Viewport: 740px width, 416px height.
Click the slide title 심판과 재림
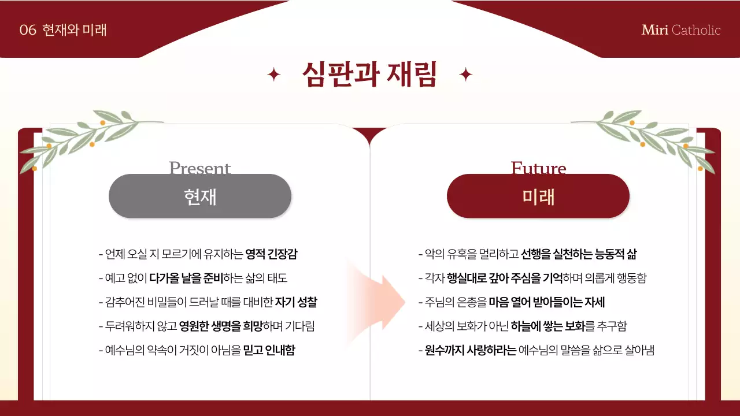click(369, 75)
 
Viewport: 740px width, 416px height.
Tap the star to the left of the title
click(274, 75)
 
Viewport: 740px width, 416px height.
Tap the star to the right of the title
click(465, 75)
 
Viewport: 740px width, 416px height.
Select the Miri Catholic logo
click(681, 30)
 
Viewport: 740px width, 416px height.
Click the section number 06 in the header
click(28, 30)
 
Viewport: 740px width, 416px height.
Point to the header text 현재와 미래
click(75, 30)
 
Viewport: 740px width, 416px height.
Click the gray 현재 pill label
click(200, 196)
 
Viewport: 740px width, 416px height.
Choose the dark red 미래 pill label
click(538, 196)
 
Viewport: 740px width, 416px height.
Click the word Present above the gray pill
click(200, 168)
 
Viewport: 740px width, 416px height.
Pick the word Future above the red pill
click(538, 168)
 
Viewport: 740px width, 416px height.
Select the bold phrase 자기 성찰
click(296, 302)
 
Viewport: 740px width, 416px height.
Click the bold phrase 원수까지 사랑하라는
click(471, 350)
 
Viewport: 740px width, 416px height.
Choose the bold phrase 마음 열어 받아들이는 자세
click(547, 302)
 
